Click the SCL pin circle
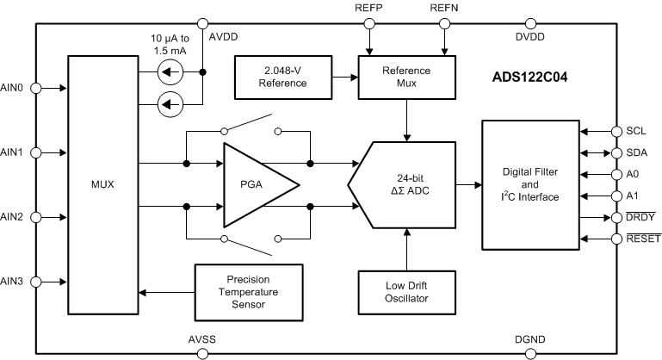click(617, 132)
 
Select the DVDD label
click(529, 38)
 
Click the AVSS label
click(201, 338)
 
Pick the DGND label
click(529, 338)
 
